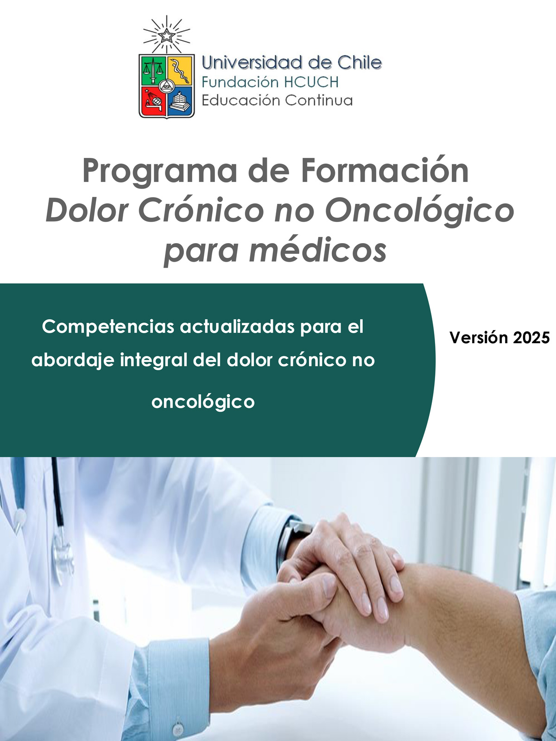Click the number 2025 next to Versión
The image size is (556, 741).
(531, 338)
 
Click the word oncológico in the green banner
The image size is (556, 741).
(203, 402)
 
